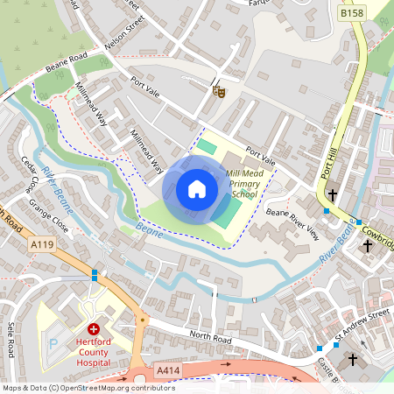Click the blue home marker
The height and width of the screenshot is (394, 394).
tap(197, 189)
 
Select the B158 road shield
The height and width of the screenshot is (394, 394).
tap(352, 14)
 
